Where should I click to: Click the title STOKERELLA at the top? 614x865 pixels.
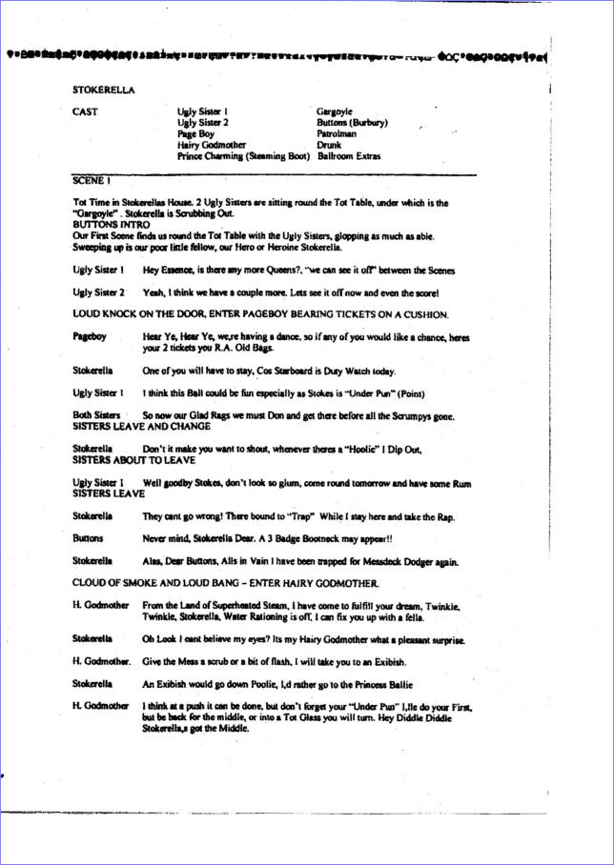point(103,90)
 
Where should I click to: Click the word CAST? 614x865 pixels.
point(86,112)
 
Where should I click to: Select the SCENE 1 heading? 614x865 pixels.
point(92,179)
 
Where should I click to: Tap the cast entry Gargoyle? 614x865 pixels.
point(336,112)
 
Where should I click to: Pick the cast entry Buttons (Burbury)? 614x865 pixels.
point(352,123)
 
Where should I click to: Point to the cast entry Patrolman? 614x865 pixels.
point(340,134)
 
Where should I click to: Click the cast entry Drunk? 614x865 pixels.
point(330,145)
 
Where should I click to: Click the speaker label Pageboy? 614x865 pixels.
point(90,337)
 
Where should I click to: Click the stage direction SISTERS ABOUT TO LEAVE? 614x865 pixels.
point(133,459)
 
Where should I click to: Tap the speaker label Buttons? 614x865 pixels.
point(89,537)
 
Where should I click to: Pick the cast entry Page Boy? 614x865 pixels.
point(195,134)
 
